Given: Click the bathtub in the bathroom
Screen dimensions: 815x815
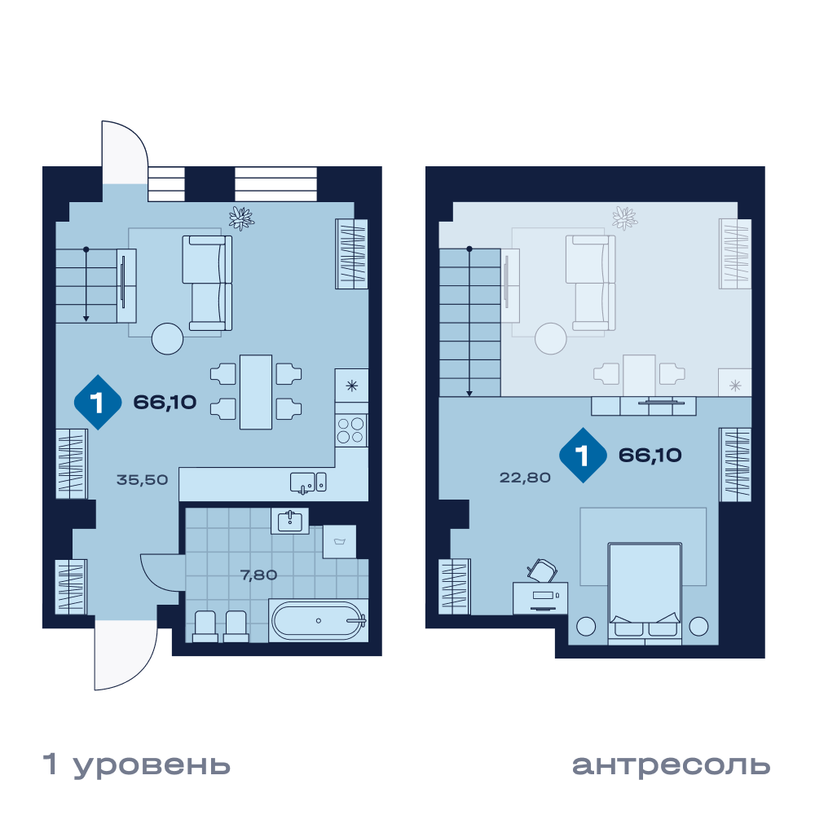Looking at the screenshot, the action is [x=318, y=620].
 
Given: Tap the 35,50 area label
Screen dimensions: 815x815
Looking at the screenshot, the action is [x=142, y=479].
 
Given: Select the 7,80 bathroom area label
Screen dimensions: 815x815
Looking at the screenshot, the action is [x=258, y=575].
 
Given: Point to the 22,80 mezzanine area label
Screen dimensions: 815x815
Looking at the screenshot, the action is [x=525, y=477].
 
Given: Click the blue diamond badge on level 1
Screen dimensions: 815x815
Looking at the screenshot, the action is [x=98, y=403].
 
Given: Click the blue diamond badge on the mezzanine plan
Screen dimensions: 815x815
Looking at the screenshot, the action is [x=583, y=456].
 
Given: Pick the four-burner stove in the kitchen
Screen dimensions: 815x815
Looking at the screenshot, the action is [x=350, y=430].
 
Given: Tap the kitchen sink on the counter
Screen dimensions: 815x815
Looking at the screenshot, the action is [x=308, y=482].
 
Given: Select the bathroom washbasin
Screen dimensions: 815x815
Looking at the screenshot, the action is [x=289, y=521].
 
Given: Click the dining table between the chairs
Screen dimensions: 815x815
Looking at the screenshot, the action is [x=256, y=392].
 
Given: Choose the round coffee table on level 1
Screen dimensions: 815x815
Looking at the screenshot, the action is [x=167, y=339].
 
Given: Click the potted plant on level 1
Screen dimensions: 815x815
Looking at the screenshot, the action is [x=241, y=218].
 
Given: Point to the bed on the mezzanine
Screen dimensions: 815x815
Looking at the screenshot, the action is [x=645, y=593].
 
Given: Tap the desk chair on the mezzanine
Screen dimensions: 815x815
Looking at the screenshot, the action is [x=542, y=570].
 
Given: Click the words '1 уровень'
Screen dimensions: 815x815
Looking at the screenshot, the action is [x=136, y=765].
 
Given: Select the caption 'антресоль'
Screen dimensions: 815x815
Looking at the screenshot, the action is [x=671, y=764].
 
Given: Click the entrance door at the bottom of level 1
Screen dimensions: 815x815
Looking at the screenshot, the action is [x=126, y=656].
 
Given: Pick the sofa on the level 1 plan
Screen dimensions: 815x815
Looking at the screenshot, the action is [x=207, y=283].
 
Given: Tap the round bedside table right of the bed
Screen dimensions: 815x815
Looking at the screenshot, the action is [x=698, y=626].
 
